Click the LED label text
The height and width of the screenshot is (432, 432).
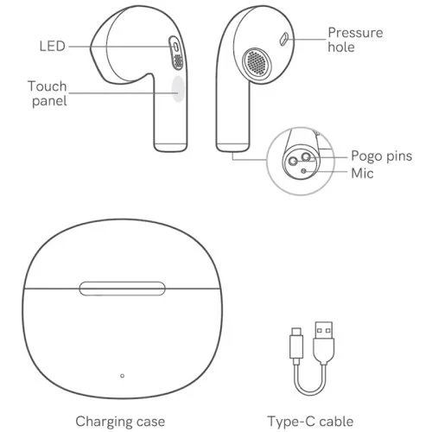[52, 47]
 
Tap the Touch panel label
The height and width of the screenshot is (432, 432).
[48, 93]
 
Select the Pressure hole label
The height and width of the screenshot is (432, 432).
[355, 40]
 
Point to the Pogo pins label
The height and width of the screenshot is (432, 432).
[382, 156]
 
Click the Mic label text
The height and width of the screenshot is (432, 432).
[362, 174]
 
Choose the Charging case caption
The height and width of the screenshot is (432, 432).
[120, 422]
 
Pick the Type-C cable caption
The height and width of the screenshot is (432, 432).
[310, 422]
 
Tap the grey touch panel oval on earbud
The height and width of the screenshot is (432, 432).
[178, 89]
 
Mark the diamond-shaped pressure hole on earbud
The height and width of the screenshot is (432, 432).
[284, 39]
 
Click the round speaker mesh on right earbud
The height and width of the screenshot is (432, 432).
[257, 63]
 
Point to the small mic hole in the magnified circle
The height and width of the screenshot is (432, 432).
[304, 171]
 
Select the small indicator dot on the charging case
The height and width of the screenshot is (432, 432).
[122, 376]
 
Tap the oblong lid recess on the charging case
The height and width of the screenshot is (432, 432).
[122, 289]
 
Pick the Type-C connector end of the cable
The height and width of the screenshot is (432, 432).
[296, 343]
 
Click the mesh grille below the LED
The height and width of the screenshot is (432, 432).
[178, 61]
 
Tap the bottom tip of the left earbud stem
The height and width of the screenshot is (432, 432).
[170, 150]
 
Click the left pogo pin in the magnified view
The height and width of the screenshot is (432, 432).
[293, 161]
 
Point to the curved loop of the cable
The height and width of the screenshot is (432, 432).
[310, 394]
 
